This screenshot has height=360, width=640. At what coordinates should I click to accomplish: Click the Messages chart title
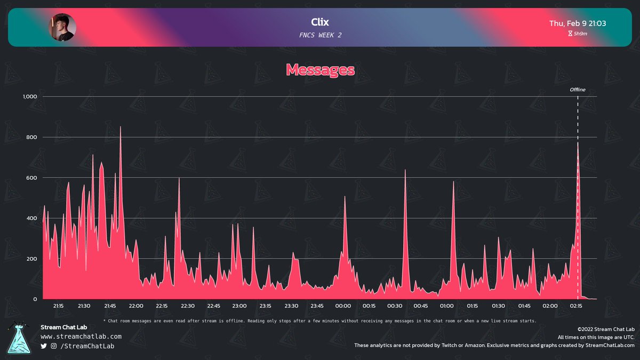coord(320,69)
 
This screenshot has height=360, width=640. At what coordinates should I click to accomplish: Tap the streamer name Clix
coord(320,22)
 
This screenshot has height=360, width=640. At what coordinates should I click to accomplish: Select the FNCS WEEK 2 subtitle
coord(320,35)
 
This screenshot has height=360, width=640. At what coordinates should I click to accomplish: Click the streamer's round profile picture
coord(62,27)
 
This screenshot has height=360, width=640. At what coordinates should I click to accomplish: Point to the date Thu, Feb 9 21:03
coord(577,23)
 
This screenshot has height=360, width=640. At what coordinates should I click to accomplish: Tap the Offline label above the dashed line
coord(577,90)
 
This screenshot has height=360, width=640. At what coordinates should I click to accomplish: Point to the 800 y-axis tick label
coord(31,137)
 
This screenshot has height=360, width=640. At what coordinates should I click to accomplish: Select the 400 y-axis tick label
coord(31,218)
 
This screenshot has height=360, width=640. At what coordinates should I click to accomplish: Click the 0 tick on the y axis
coord(35,299)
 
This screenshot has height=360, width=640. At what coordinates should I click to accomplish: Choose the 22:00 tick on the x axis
coord(135,306)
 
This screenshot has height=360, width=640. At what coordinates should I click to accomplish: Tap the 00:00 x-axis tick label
coord(343,306)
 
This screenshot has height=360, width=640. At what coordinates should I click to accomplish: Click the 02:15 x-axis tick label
coord(576,306)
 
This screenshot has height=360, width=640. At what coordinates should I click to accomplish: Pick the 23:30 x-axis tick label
coord(291,306)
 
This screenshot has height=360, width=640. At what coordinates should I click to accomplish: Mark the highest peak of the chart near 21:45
coord(121,127)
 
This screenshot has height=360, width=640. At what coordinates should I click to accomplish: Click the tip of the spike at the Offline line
coord(578,142)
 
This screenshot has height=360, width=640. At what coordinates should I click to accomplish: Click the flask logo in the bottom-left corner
coord(20,338)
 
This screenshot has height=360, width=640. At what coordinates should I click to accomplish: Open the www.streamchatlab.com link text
coord(81,337)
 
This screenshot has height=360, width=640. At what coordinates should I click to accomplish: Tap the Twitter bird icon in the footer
coord(44,347)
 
